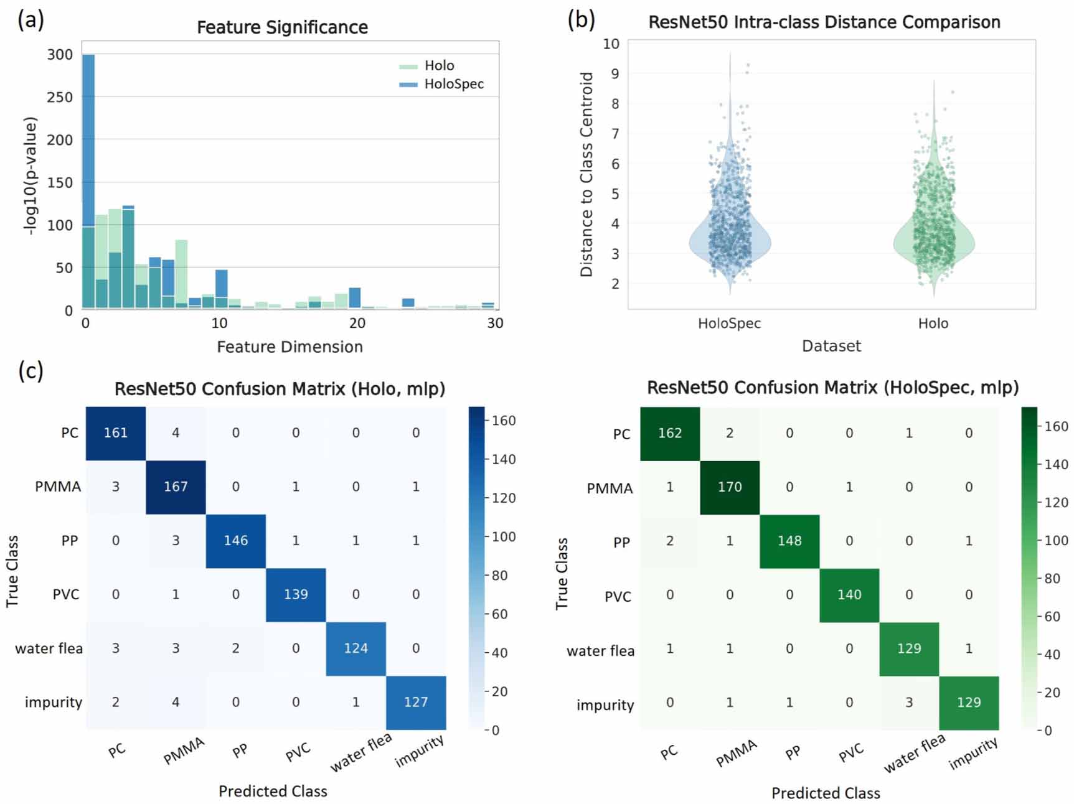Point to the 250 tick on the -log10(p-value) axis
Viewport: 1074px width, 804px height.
point(60,97)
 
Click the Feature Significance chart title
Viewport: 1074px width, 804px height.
point(282,27)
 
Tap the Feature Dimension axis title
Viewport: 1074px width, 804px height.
point(290,347)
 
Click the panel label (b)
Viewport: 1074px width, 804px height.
point(581,20)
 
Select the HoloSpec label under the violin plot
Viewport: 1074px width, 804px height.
point(729,324)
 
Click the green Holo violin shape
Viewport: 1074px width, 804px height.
point(934,243)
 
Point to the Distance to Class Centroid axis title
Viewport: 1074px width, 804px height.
point(586,174)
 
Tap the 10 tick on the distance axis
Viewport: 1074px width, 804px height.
point(611,44)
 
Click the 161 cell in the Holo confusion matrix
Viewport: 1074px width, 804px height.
point(116,433)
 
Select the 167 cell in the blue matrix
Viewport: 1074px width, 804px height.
point(176,487)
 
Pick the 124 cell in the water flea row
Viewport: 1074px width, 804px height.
point(356,648)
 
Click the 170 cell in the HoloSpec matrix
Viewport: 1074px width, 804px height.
point(730,487)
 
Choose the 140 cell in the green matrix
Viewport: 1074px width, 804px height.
point(849,595)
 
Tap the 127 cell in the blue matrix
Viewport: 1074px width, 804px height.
point(416,702)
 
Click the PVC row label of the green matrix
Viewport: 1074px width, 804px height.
point(618,597)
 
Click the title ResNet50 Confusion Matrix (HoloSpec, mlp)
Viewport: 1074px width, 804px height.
point(832,388)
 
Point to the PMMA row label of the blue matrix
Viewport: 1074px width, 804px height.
point(58,487)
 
